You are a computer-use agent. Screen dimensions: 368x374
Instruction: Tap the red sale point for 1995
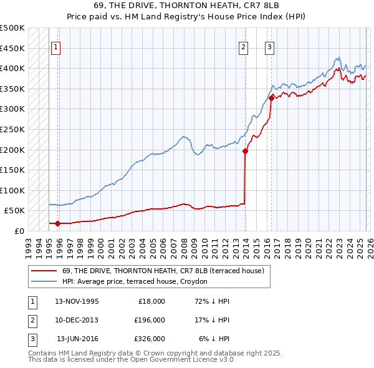tap(57, 223)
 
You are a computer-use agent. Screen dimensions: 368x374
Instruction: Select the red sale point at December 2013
tap(246, 151)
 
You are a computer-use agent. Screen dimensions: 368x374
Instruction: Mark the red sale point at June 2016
tap(272, 98)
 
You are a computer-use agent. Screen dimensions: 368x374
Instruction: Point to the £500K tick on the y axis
tap(12, 28)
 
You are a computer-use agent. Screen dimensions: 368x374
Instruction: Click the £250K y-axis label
tap(12, 129)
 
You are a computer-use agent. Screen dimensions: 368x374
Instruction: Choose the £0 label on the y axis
tap(19, 231)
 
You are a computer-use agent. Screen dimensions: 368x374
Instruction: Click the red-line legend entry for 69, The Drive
tap(163, 271)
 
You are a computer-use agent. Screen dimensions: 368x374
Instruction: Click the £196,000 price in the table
tap(149, 320)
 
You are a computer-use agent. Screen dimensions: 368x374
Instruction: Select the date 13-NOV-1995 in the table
tap(77, 301)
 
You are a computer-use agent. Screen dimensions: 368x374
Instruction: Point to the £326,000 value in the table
tap(149, 339)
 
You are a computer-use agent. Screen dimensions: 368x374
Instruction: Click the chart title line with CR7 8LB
tap(186, 6)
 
